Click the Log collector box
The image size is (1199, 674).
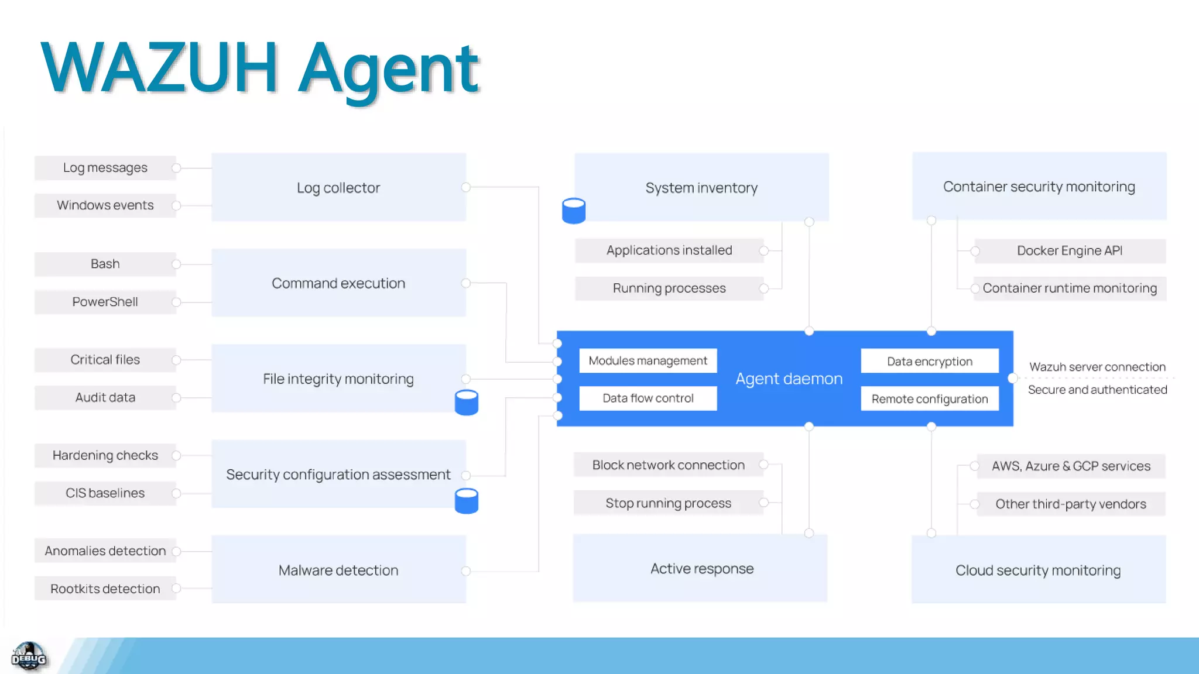[338, 187]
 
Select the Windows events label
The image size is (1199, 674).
[105, 205]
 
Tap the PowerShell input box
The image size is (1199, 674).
[105, 302]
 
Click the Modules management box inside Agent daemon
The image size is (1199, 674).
[648, 361]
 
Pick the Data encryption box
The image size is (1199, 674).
[929, 362]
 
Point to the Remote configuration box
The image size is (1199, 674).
[929, 399]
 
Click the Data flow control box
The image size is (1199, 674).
[648, 398]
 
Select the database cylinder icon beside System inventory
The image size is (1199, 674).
[573, 211]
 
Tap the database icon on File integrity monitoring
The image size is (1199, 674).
[467, 403]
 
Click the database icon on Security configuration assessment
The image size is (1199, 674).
[467, 501]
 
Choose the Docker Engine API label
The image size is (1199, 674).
[1069, 251]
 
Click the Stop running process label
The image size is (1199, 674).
[668, 503]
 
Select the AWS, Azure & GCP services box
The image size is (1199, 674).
[1070, 466]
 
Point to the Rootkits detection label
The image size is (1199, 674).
[105, 589]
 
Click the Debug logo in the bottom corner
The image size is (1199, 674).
[29, 656]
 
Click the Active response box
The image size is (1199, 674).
[701, 569]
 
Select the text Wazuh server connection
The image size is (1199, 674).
[1097, 367]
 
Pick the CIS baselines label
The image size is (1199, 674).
[105, 493]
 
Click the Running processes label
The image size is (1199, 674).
[669, 288]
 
